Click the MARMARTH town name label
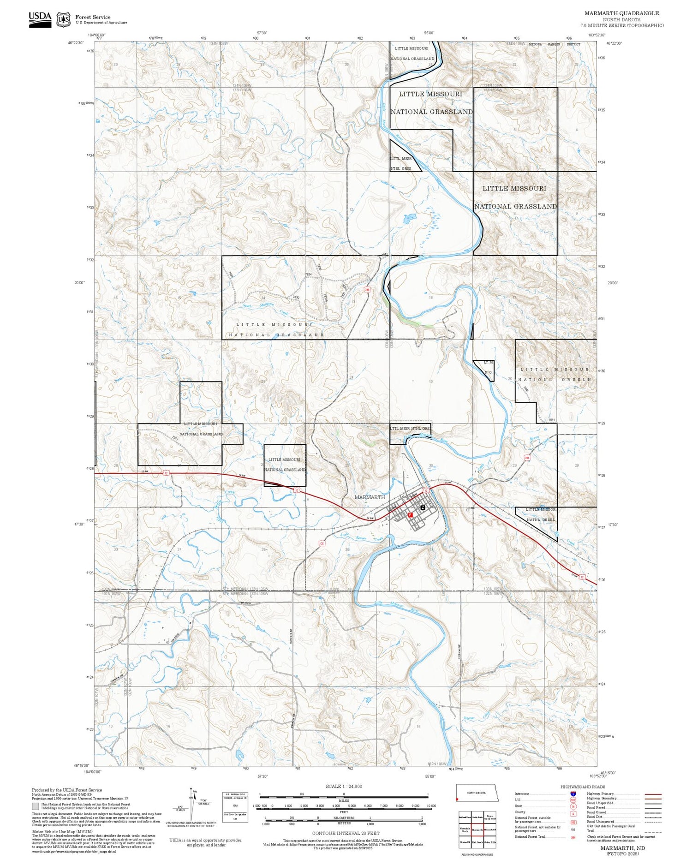[x=369, y=497]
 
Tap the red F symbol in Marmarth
[x=410, y=514]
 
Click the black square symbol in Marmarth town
[x=423, y=507]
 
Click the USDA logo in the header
[x=40, y=19]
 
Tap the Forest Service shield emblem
[x=63, y=20]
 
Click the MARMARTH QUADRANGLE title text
[x=621, y=13]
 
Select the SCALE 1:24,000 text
[x=344, y=786]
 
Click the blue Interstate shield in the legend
[x=573, y=793]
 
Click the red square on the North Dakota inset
[x=458, y=799]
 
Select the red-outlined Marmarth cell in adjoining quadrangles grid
[x=477, y=829]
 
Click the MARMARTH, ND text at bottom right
[x=622, y=848]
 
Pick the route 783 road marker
[x=367, y=290]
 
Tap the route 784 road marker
[x=527, y=458]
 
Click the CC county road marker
[x=322, y=544]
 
